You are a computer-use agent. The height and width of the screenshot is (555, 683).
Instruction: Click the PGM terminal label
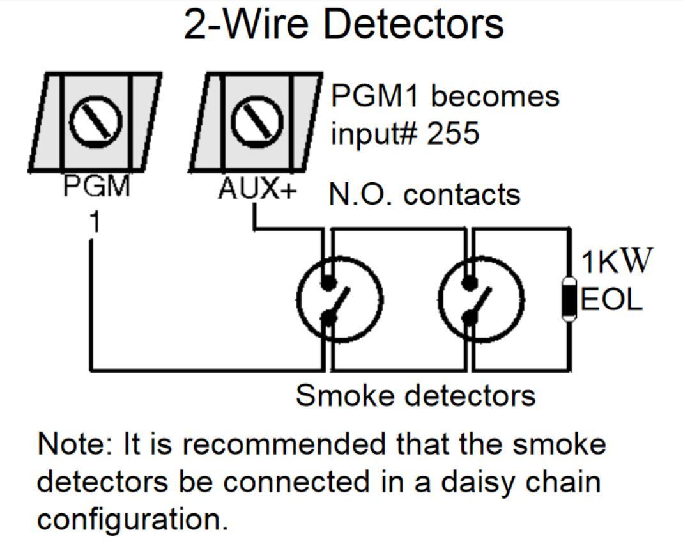click(96, 189)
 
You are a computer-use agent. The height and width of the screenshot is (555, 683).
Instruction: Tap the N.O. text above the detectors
click(360, 194)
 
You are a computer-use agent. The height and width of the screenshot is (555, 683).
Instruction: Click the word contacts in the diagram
click(462, 194)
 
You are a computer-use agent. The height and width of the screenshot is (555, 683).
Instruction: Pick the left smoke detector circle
click(339, 298)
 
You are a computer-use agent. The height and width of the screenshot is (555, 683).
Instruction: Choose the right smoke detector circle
click(482, 298)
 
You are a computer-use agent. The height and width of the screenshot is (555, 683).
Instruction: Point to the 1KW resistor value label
click(617, 262)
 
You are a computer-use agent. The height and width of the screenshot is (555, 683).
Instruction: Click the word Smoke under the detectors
click(335, 396)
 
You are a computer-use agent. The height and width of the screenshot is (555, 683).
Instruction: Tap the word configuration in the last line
click(132, 519)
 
